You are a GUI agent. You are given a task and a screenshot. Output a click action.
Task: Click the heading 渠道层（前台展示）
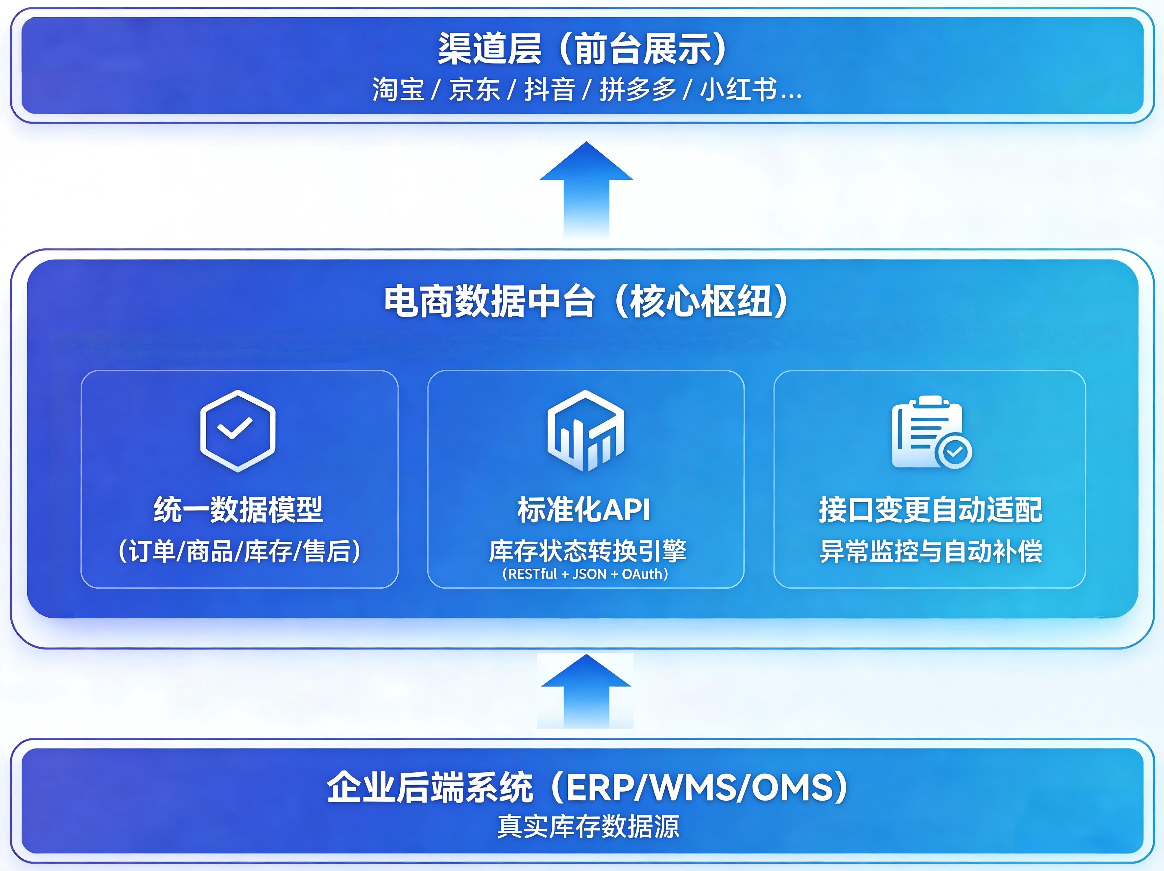[582, 48]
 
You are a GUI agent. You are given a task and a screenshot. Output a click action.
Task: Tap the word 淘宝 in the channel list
[398, 89]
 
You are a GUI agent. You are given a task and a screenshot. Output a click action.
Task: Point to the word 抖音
[550, 89]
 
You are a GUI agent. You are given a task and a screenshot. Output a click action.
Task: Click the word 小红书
[739, 89]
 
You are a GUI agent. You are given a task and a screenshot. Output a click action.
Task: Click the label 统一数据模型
[238, 509]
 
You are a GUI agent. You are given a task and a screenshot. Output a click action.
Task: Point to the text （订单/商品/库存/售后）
[240, 551]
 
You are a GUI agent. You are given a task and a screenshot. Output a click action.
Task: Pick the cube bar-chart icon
[586, 431]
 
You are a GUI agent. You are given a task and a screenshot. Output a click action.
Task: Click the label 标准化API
[584, 509]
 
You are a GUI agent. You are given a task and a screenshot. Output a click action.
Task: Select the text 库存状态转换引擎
[587, 551]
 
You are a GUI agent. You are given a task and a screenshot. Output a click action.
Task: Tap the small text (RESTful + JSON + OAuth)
[585, 574]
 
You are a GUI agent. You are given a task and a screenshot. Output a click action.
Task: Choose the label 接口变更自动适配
[930, 509]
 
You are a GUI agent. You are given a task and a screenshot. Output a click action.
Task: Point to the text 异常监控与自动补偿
[930, 551]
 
